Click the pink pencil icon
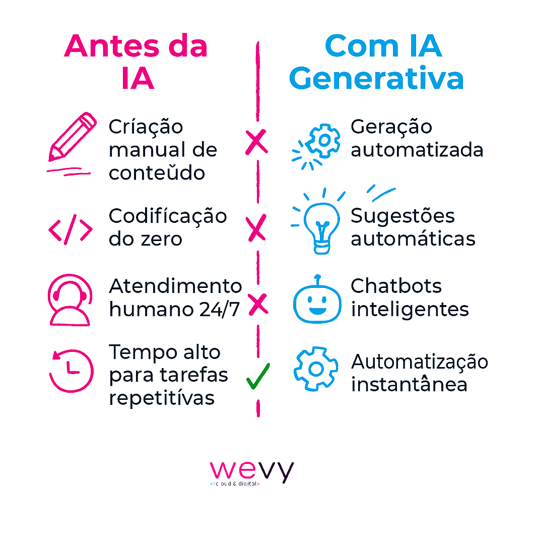(73, 137)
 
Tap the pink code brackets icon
(71, 229)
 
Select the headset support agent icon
(70, 300)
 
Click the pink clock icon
(71, 371)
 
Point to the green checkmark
(258, 376)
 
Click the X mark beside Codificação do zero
(257, 228)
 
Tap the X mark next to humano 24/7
(258, 305)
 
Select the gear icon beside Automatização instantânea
(316, 369)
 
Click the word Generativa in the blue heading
(376, 79)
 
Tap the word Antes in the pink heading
(112, 46)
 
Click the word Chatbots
(396, 286)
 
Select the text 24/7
(219, 310)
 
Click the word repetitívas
(162, 399)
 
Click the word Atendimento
(175, 286)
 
